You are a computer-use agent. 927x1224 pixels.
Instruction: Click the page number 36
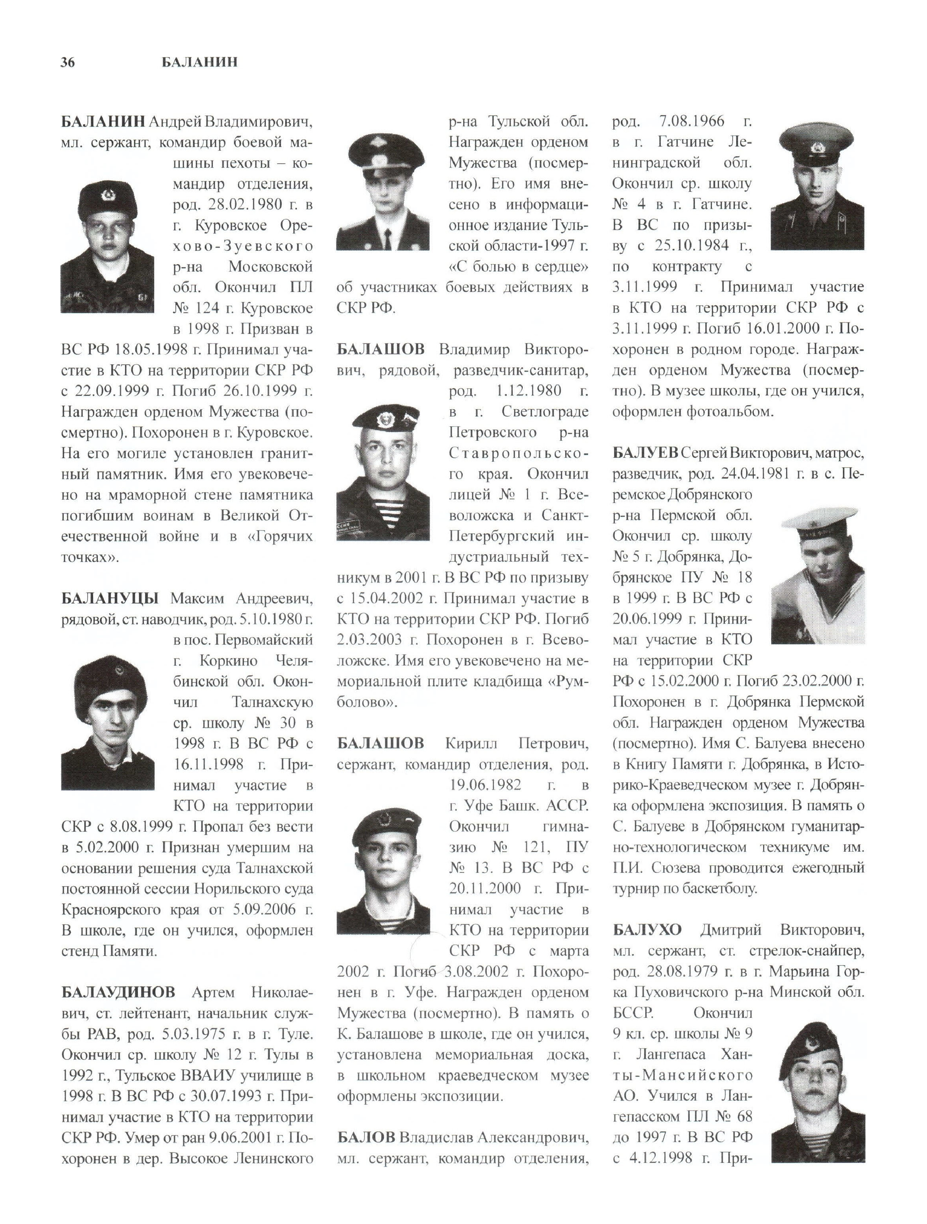point(68,62)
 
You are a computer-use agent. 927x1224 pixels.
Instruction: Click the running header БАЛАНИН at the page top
point(199,62)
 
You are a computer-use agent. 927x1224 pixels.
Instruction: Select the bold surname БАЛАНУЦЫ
point(109,598)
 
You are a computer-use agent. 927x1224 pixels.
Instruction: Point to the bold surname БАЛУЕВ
point(645,453)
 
